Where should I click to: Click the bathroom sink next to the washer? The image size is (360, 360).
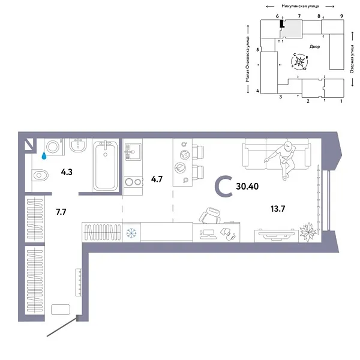pos(76,146)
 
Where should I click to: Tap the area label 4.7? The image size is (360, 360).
pos(157,179)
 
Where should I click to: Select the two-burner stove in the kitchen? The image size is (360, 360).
pos(133,182)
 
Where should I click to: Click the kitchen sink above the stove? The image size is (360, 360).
pos(132,150)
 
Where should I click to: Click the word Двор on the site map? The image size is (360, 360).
pos(315,46)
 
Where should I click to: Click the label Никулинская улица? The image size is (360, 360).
pos(298,5)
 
